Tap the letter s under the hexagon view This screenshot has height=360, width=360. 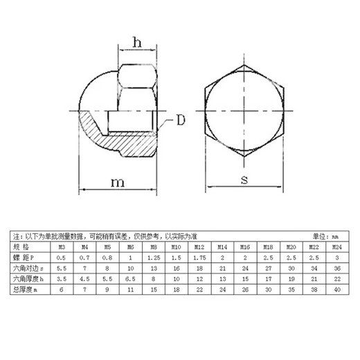point(244,181)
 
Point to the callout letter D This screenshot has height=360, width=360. point(179,120)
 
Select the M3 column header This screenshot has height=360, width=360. point(61,246)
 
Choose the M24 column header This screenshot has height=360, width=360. point(336,246)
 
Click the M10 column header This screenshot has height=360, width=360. point(176,246)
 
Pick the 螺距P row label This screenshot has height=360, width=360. point(25,256)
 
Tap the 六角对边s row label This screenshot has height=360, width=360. point(29,267)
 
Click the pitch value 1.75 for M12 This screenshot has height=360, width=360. point(199,256)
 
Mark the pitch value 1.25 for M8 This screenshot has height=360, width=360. point(153,256)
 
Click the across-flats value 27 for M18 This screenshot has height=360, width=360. point(268,267)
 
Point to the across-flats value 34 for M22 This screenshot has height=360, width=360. point(314,267)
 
